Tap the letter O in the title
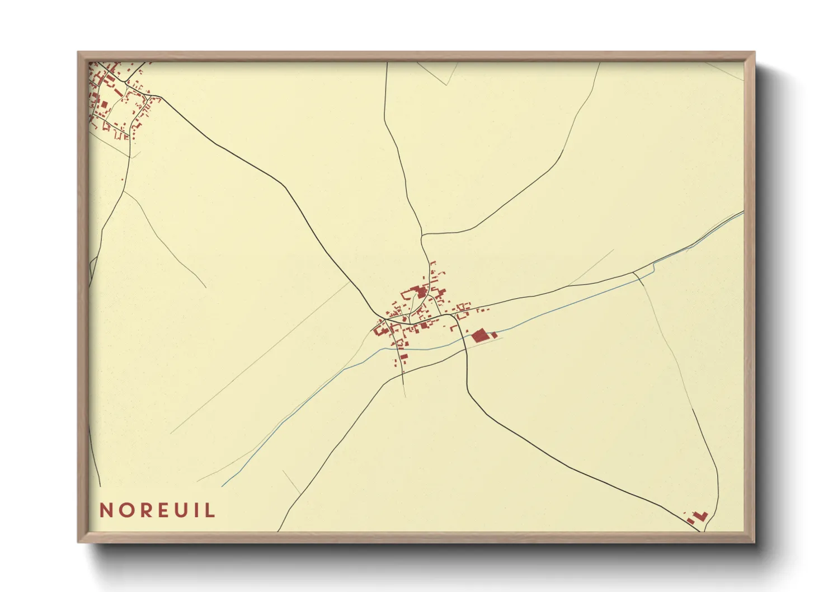126,510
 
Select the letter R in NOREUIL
145,510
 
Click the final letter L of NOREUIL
210,510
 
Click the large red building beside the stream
479,336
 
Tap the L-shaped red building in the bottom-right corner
700,515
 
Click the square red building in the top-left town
103,104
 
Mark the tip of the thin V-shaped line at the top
446,84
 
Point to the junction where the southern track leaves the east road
633,272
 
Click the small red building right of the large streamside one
495,335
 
